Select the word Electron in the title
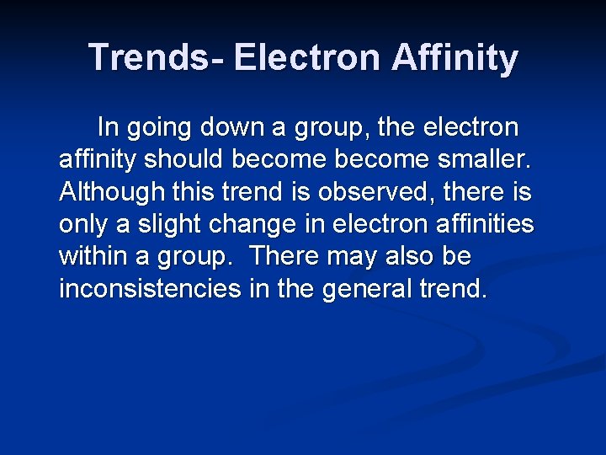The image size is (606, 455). coord(305,57)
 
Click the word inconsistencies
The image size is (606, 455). coord(150,288)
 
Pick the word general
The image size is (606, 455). coord(364,289)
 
